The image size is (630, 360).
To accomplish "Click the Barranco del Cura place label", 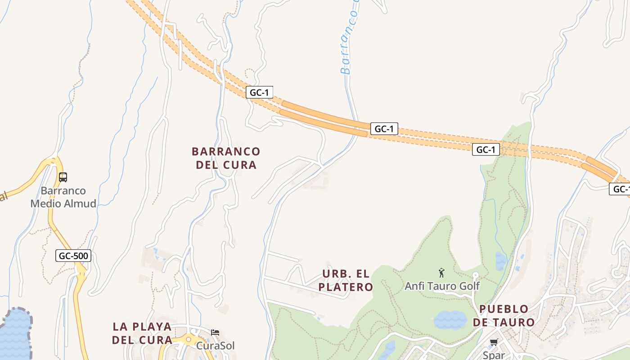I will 226,158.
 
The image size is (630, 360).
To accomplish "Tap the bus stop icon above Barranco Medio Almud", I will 63,177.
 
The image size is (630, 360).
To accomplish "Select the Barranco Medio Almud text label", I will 63,197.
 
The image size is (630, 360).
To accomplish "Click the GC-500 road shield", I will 74,256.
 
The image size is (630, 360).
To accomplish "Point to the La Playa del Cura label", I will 142,333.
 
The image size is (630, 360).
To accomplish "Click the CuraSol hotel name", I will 215,346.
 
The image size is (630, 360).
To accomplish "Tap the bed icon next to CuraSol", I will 215,333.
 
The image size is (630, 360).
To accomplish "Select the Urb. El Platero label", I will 346,280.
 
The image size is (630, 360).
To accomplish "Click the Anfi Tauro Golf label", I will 442,286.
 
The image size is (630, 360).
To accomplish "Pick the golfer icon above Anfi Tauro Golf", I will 441,273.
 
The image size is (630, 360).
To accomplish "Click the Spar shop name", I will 494,355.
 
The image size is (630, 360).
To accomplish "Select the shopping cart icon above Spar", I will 494,342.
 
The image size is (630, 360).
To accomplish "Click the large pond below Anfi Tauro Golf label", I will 450,320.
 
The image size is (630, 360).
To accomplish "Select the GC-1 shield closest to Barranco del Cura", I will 260,93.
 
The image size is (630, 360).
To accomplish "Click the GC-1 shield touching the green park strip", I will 486,149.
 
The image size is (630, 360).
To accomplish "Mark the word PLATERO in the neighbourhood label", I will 346,287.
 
